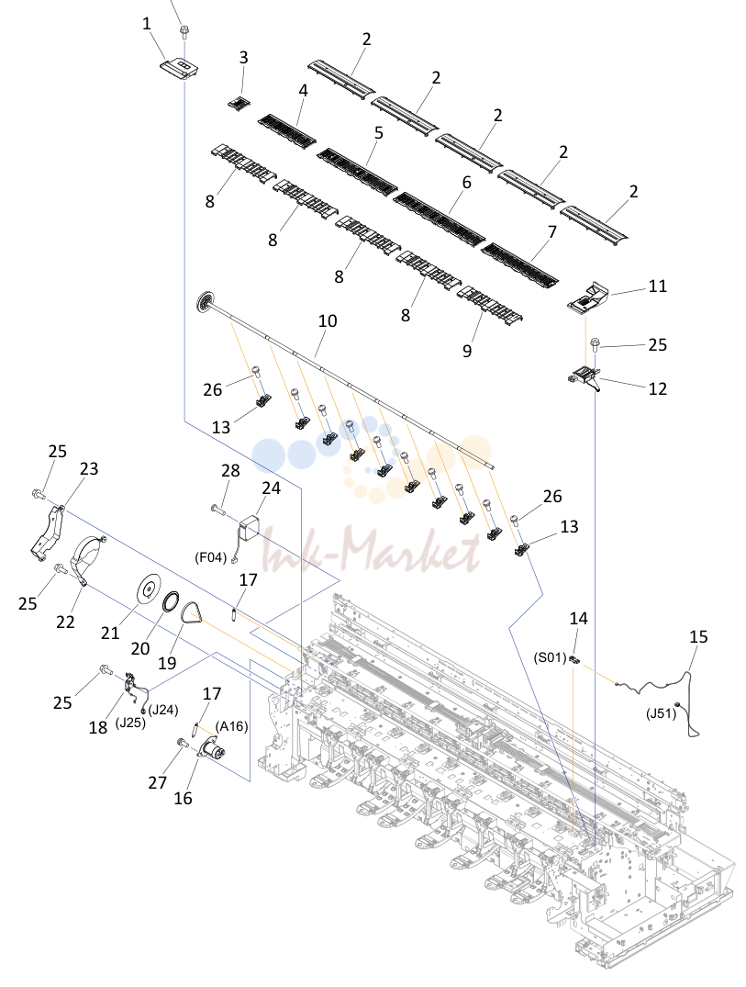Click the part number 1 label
147,25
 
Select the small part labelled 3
237,103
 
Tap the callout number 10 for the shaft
327,320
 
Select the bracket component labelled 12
585,379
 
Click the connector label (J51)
661,713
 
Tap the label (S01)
551,658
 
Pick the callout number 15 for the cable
698,636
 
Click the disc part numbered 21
150,590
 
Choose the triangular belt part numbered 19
191,611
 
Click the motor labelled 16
213,750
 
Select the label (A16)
231,725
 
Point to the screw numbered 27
183,743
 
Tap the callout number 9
467,350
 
